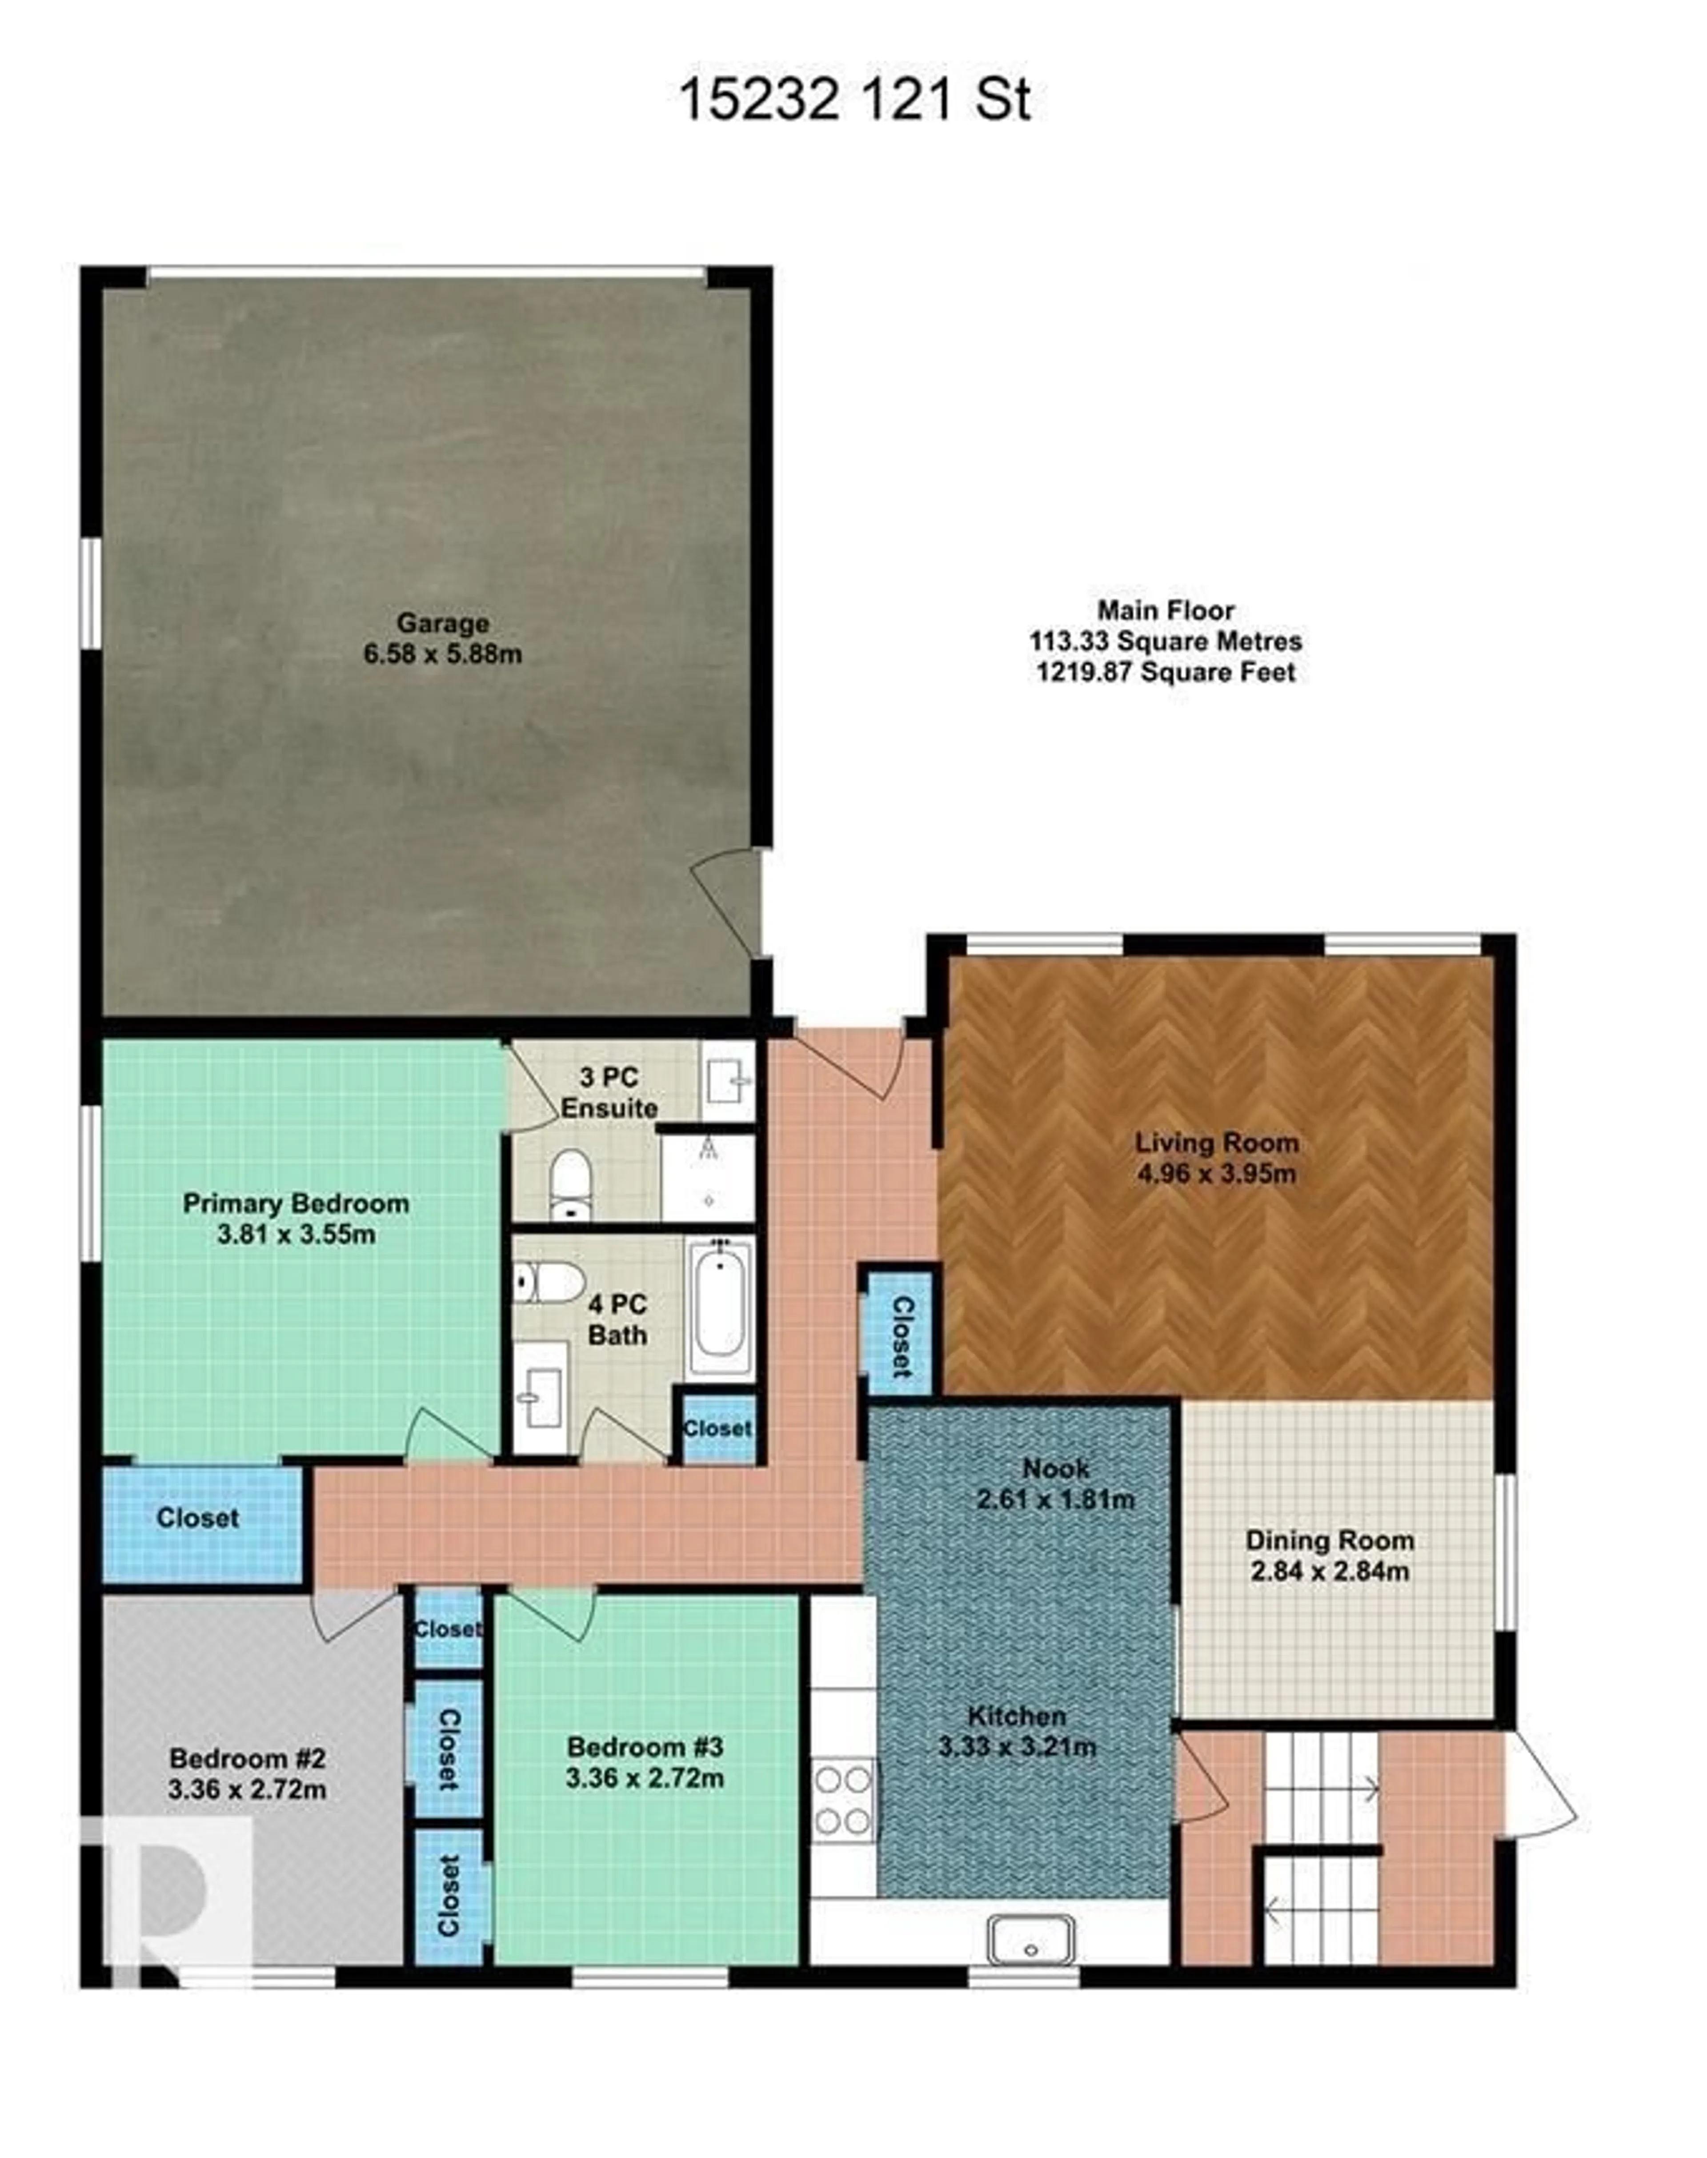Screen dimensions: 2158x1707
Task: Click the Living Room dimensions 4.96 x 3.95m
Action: tap(1216, 1173)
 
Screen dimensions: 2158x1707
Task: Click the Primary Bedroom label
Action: tap(296, 1203)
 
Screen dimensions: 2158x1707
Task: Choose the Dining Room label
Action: tap(1329, 1540)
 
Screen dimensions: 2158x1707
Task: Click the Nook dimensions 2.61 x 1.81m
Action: tap(1055, 1499)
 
